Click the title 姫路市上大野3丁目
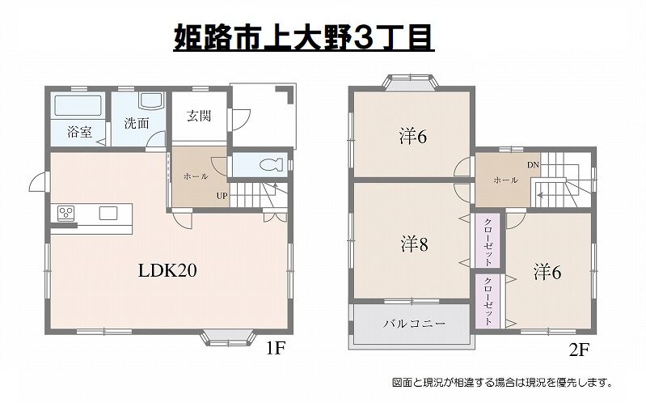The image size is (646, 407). click(x=304, y=38)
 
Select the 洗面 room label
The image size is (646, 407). click(x=136, y=124)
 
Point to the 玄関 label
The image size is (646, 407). click(x=199, y=116)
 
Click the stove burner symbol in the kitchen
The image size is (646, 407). click(x=65, y=214)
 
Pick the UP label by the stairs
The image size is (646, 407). click(x=221, y=195)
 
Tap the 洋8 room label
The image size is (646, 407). click(x=412, y=243)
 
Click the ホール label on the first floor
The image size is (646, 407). click(x=196, y=176)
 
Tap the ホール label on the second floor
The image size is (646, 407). click(x=505, y=180)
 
